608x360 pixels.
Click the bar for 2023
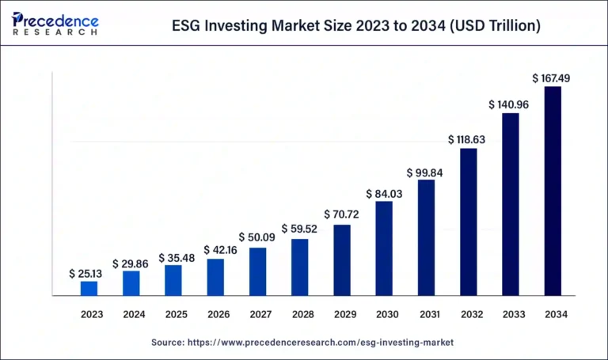coord(89,289)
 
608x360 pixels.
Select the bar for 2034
coord(553,191)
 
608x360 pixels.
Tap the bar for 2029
coord(342,260)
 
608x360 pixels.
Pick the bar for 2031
coord(426,237)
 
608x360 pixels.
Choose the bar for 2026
coord(215,277)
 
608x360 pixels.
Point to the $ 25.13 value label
coord(89,273)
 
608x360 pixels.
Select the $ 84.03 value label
coord(384,193)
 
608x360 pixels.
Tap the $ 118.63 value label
coord(468,139)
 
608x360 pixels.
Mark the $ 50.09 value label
coord(258,237)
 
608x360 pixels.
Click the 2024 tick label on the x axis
coord(134,314)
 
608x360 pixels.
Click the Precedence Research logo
coord(55,24)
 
